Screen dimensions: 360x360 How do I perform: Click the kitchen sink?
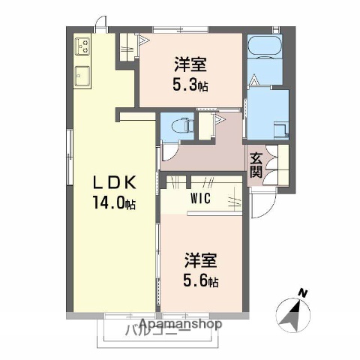(x=82, y=76)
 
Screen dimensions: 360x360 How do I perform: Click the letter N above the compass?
(x=302, y=292)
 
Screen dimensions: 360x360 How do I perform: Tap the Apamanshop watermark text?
(x=180, y=325)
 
